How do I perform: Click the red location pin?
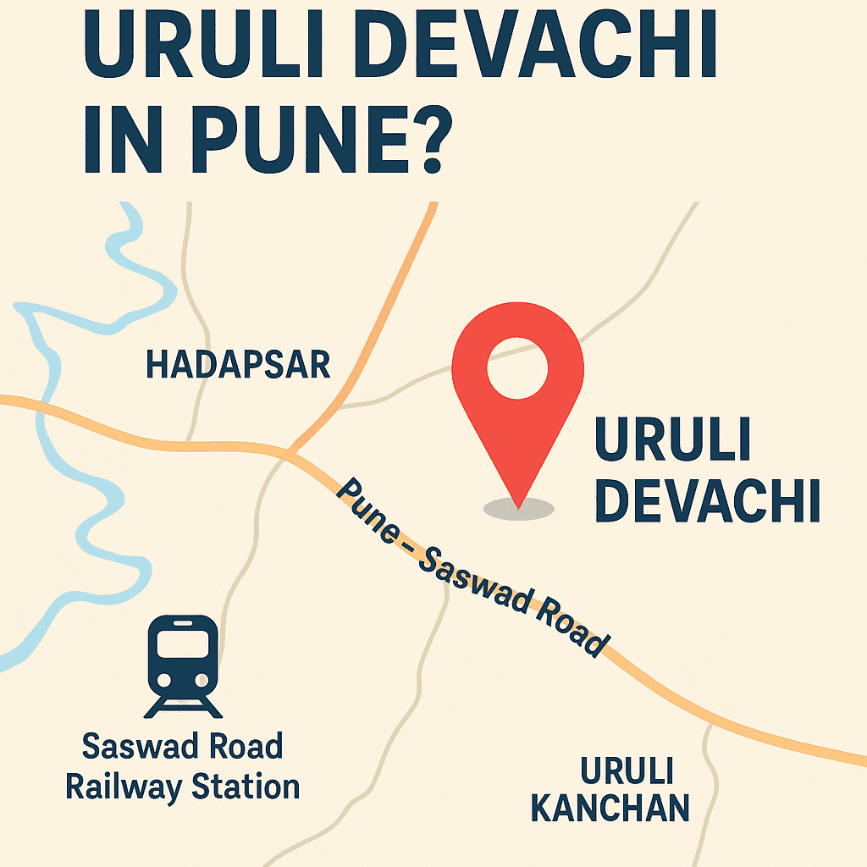pos(517,398)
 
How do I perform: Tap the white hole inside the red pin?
pos(517,369)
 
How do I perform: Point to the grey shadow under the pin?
pos(518,509)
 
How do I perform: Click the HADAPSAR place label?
pos(238,365)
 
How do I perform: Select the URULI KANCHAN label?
pos(610,790)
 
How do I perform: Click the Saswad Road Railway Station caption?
pos(183,767)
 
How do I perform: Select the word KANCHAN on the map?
pos(610,809)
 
